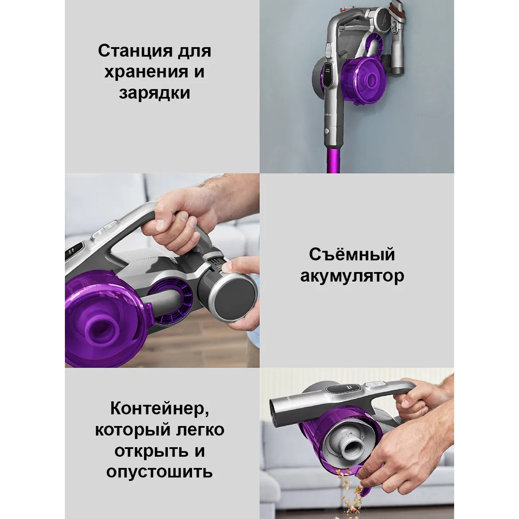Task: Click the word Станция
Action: pos(135,51)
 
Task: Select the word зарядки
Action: pos(154,93)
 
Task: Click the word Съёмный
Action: pos(352,254)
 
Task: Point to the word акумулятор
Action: pos(352,276)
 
